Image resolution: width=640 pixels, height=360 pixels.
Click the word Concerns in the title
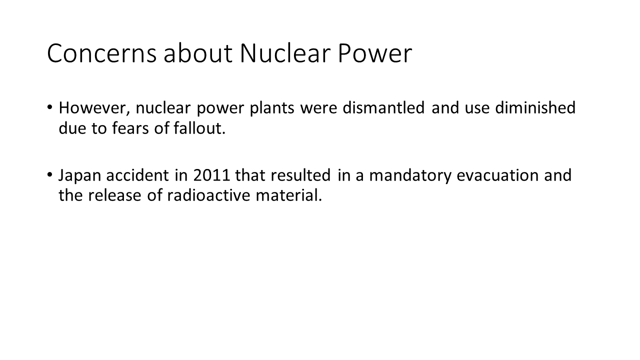[101, 53]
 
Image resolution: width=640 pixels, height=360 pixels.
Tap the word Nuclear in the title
[285, 53]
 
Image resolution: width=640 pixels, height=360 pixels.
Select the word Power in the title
[375, 53]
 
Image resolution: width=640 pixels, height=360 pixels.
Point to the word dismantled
[383, 107]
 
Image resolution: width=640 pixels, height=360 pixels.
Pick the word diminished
[535, 107]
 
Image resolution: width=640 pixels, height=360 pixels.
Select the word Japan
[79, 175]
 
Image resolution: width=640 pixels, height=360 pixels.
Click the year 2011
[211, 175]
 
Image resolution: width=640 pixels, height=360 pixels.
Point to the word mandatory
[410, 176]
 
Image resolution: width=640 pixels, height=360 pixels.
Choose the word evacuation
[497, 175]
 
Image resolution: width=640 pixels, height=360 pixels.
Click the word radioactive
[209, 195]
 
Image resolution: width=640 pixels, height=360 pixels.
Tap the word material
[289, 195]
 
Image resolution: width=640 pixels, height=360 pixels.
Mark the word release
[114, 195]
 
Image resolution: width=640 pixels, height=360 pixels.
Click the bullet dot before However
[49, 107]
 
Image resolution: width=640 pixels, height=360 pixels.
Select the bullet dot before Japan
[49, 175]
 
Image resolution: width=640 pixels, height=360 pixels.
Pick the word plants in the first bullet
[272, 108]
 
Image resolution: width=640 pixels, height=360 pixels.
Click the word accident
[137, 175]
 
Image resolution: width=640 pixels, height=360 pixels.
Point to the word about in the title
[197, 53]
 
